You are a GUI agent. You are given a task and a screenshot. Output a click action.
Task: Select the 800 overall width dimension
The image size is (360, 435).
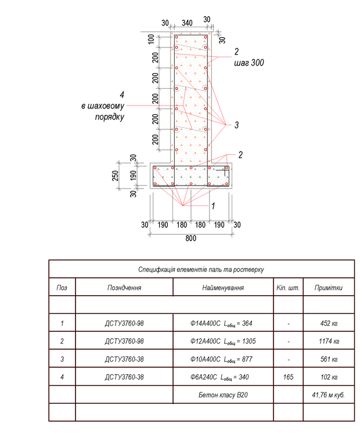pyautogui.click(x=190, y=238)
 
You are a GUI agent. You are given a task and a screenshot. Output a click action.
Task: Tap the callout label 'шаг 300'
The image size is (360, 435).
pyautogui.click(x=249, y=63)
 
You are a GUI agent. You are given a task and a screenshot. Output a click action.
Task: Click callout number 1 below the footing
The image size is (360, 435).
pyautogui.click(x=213, y=205)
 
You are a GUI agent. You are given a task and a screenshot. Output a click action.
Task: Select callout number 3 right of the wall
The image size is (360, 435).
pyautogui.click(x=236, y=124)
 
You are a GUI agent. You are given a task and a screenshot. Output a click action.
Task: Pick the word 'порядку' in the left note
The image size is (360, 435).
pyautogui.click(x=110, y=117)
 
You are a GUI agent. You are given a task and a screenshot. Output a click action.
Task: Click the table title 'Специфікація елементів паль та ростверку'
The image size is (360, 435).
pyautogui.click(x=201, y=270)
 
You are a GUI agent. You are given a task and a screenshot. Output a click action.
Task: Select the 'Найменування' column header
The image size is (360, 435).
pyautogui.click(x=222, y=288)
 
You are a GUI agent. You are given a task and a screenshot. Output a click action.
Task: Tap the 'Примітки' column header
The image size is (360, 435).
pyautogui.click(x=329, y=288)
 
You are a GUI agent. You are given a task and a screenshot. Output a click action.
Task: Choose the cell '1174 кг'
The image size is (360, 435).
pyautogui.click(x=329, y=341)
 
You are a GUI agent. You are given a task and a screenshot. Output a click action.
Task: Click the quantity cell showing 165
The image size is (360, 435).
pyautogui.click(x=288, y=377)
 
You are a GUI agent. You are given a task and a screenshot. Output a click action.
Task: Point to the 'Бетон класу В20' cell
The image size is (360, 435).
pyautogui.click(x=222, y=395)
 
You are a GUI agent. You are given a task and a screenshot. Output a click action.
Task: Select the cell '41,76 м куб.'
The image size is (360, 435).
pyautogui.click(x=329, y=395)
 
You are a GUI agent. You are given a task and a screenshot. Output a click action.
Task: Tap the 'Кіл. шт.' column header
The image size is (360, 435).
pyautogui.click(x=288, y=288)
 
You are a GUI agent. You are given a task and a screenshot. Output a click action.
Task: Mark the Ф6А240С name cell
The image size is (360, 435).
pyautogui.click(x=222, y=377)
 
